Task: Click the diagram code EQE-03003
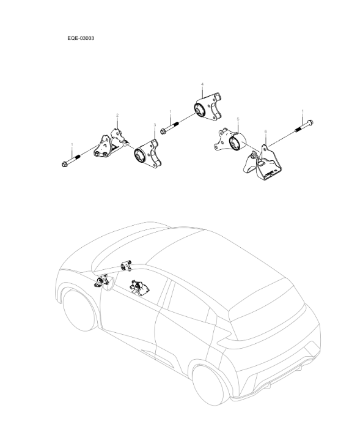(x=80, y=37)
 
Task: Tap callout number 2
(x=117, y=114)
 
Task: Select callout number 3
(x=155, y=125)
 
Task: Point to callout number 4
(x=202, y=84)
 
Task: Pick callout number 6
(x=265, y=131)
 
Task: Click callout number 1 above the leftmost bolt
(x=72, y=145)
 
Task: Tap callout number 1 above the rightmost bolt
(x=303, y=111)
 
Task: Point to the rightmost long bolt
(x=304, y=128)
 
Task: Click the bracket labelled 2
(x=110, y=144)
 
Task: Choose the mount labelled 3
(x=146, y=155)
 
